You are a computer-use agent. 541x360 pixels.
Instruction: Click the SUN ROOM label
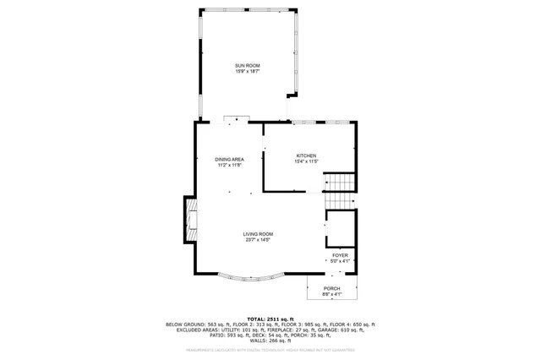point(248,66)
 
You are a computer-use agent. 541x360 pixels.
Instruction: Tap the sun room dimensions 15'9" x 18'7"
point(248,72)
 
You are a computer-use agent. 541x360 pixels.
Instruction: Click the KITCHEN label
point(306,155)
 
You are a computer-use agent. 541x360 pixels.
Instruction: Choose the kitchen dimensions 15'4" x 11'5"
point(306,161)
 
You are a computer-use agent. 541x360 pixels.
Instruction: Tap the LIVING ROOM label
point(258,234)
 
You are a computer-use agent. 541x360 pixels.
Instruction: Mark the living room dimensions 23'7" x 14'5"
point(258,240)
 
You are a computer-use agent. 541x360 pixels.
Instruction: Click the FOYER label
point(339,255)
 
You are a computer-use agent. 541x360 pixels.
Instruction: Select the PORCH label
point(331,289)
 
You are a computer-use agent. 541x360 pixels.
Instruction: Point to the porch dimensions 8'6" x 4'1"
point(331,295)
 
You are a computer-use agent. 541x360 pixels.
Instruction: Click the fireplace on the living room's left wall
point(191,221)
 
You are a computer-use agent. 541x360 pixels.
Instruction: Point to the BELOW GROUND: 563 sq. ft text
point(196,324)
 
